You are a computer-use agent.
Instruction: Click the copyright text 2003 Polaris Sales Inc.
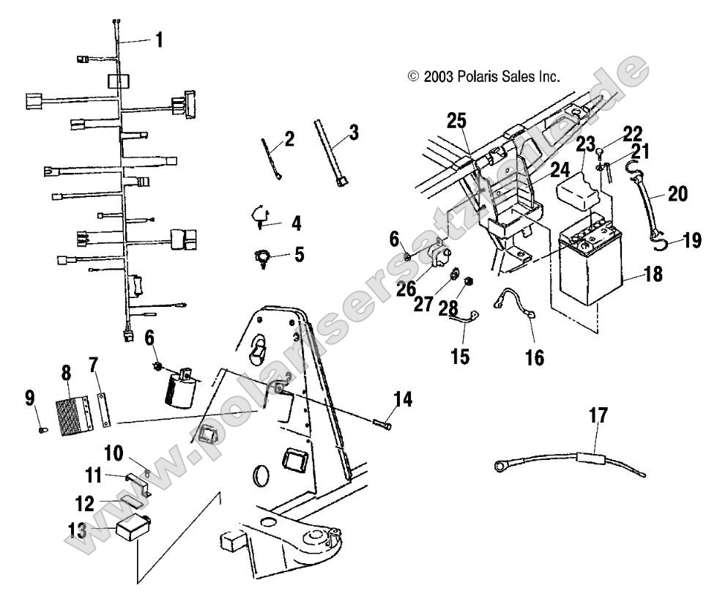click(x=483, y=75)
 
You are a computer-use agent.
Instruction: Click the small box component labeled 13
click(x=133, y=527)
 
